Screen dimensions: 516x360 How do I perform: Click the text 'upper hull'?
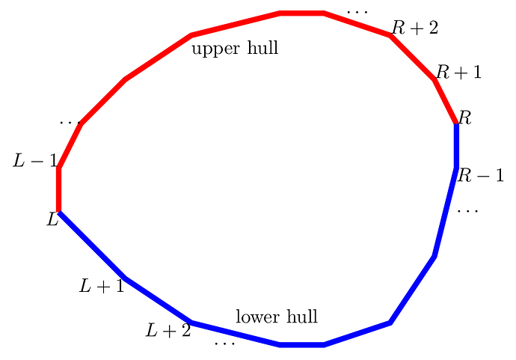235,49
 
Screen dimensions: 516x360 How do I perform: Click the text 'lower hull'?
277,317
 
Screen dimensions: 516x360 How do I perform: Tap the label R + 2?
414,28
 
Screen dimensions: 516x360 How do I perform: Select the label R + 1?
458,72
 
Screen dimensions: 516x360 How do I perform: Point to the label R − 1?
480,176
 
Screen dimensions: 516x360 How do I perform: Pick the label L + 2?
168,329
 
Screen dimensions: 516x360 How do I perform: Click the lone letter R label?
465,118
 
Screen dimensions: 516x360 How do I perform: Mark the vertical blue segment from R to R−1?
456,146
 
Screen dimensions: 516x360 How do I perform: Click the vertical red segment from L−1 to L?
58,190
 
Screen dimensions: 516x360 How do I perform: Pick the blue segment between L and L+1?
91,245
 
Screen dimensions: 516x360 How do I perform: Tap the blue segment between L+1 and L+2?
158,301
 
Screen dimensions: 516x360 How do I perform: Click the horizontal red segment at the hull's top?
301,13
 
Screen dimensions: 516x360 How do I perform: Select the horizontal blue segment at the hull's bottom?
301,345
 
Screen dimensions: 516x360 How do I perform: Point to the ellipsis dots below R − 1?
467,211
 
